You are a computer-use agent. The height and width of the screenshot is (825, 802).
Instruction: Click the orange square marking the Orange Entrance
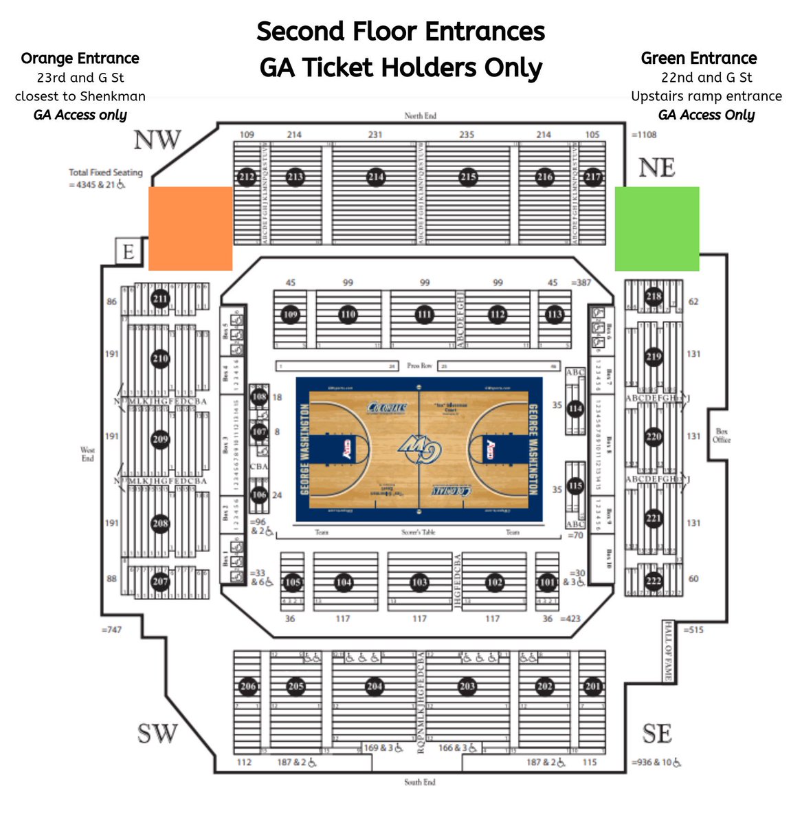(190, 228)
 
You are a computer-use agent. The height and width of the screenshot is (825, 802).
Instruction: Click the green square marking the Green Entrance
(656, 228)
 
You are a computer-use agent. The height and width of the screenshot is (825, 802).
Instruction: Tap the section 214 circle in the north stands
(375, 177)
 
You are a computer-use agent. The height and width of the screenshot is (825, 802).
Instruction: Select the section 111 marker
(424, 315)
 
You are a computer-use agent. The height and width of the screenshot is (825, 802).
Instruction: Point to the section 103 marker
(419, 582)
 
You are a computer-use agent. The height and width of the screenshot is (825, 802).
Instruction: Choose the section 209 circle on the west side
(160, 440)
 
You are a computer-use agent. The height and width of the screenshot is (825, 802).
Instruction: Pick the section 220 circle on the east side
(653, 437)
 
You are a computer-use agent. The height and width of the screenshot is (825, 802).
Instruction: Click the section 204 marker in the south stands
(375, 686)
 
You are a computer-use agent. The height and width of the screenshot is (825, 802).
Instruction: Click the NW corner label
(157, 140)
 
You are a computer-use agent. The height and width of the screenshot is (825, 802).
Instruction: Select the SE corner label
(656, 734)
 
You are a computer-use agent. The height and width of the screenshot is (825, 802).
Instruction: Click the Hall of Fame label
(667, 650)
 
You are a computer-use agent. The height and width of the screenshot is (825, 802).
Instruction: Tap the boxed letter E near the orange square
(128, 252)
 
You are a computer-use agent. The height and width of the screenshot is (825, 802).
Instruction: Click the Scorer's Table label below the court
(419, 532)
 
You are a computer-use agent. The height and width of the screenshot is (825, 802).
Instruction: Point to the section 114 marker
(575, 409)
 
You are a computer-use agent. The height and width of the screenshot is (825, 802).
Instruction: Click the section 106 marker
(259, 494)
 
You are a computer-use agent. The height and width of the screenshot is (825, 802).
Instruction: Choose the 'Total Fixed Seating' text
(105, 173)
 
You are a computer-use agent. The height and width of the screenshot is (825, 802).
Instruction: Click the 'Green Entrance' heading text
(698, 58)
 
